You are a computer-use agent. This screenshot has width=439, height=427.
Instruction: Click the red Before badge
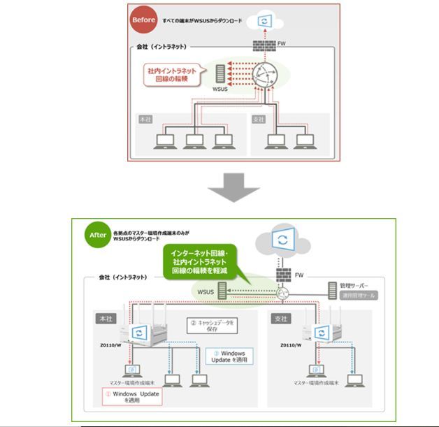144,20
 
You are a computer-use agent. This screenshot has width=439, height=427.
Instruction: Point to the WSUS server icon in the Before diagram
220,73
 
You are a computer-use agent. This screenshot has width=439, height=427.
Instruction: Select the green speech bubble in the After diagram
201,261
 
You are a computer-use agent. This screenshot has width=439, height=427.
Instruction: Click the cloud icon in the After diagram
282,241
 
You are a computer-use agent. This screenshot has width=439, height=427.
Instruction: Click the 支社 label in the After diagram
281,318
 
